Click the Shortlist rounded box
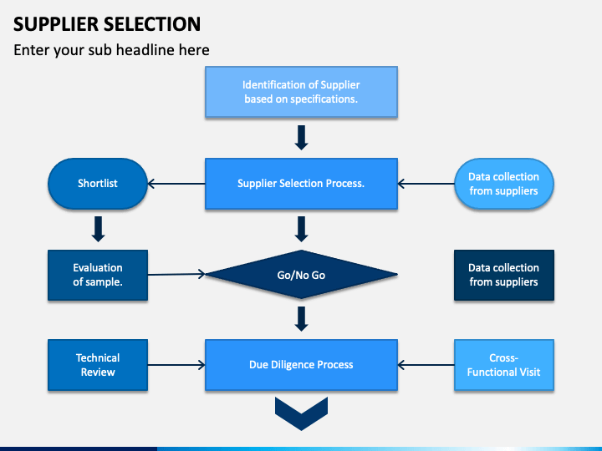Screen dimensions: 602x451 click(x=98, y=184)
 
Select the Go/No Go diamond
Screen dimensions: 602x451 click(x=301, y=275)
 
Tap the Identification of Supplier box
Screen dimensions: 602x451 click(x=301, y=92)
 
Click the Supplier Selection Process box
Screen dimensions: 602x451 click(x=301, y=184)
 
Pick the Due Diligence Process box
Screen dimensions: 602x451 click(x=301, y=365)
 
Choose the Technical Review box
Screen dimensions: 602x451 click(x=98, y=365)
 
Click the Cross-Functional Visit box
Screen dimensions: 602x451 click(x=503, y=365)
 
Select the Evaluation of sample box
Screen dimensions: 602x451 click(x=98, y=275)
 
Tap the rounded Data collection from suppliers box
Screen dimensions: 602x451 click(x=503, y=184)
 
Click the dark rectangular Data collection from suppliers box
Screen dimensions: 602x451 click(x=503, y=275)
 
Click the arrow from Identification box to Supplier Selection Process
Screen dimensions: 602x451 click(x=301, y=137)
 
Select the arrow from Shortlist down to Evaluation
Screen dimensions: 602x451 click(x=99, y=229)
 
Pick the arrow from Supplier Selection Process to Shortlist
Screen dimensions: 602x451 click(x=176, y=184)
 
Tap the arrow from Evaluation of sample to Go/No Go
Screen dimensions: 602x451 click(x=176, y=274)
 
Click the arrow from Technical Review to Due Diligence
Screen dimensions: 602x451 click(x=176, y=365)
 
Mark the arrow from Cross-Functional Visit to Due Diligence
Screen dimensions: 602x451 click(x=426, y=365)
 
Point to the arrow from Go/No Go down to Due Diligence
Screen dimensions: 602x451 click(x=301, y=319)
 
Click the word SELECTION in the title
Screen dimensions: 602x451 click(x=152, y=24)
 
